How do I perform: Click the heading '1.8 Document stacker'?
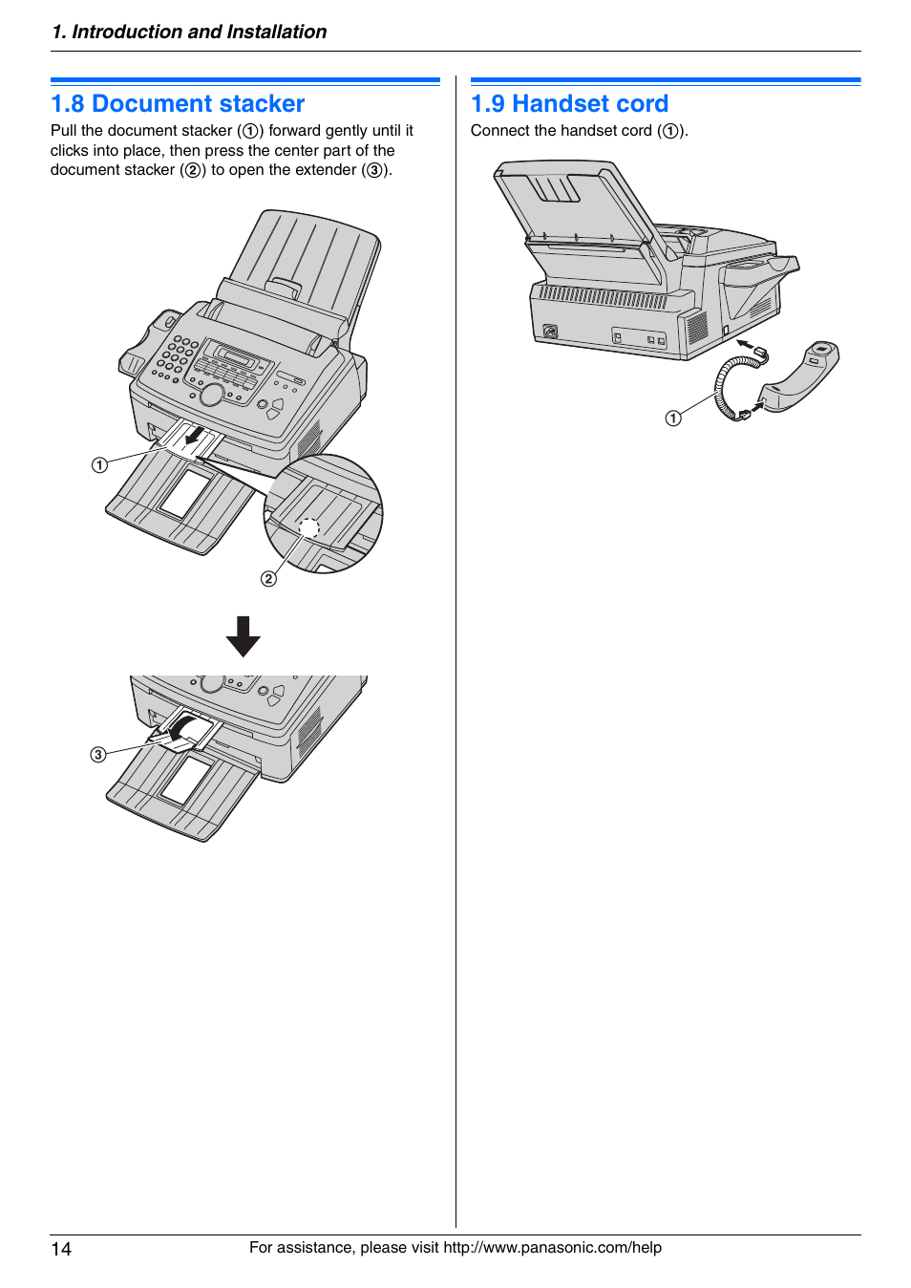pos(178,103)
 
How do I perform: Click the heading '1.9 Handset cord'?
pos(569,103)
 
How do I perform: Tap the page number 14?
pos(61,1249)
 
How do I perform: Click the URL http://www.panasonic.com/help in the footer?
pos(552,1247)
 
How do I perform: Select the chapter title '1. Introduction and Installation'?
pos(189,32)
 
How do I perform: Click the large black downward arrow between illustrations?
pos(244,635)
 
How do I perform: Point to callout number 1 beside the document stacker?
pos(99,464)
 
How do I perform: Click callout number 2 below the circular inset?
pos(268,578)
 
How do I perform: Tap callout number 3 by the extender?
pos(98,754)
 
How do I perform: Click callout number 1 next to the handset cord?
pos(673,418)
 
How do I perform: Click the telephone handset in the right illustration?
pos(800,376)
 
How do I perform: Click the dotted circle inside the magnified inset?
pos(308,527)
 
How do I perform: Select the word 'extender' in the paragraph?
pos(326,169)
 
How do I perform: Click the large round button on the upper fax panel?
pos(211,394)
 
